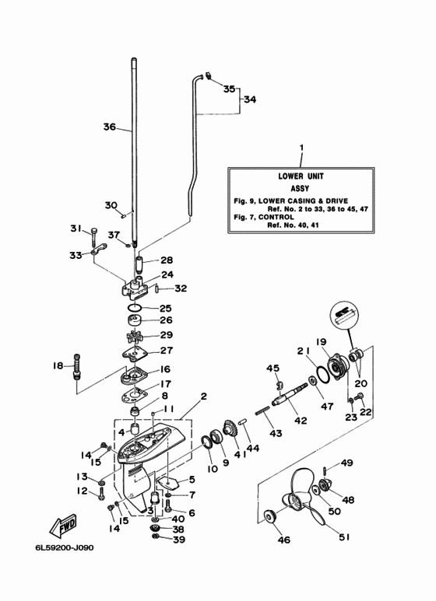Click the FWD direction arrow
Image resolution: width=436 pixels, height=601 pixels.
63,526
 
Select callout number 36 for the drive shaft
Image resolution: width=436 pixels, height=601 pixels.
110,127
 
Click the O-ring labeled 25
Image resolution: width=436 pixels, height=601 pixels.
135,307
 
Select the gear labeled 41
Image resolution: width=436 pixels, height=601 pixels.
231,429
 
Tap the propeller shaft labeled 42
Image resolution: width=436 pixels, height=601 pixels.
290,395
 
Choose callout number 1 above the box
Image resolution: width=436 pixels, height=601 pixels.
301,148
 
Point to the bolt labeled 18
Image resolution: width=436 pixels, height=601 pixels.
77,365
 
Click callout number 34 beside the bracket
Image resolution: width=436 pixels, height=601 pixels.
250,100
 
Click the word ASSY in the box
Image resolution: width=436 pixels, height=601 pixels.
300,189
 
